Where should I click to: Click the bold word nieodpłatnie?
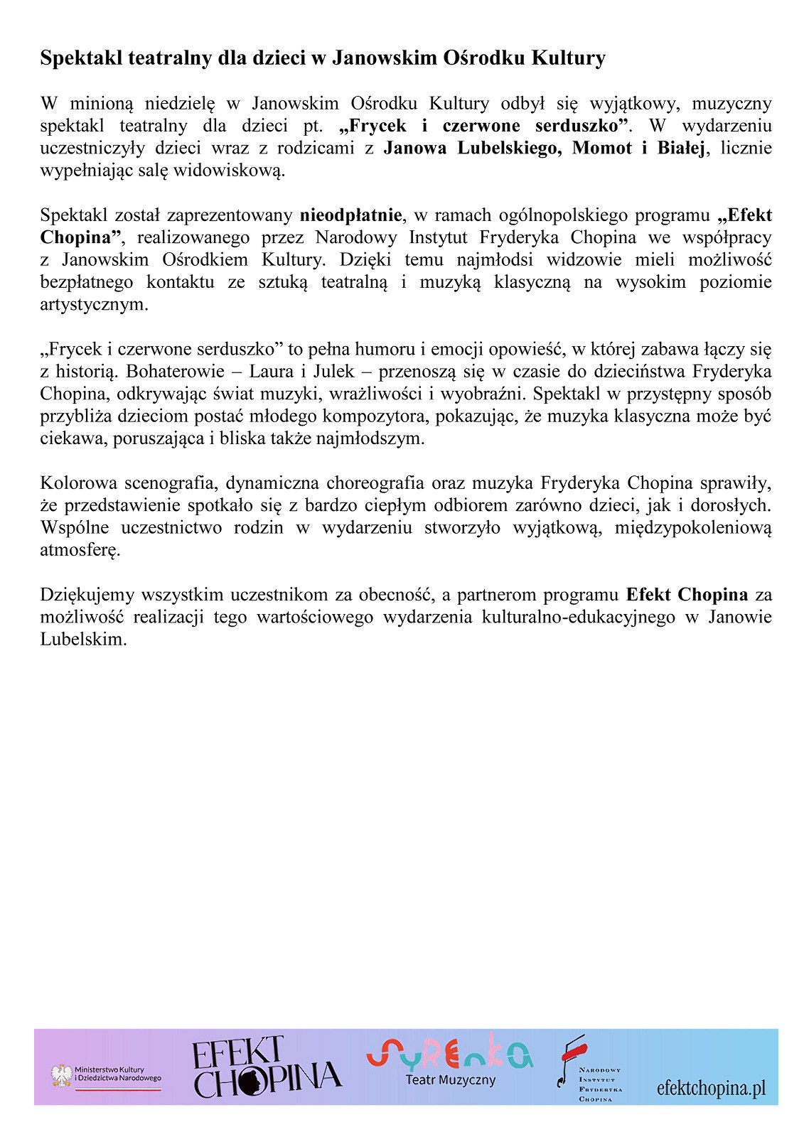point(351,215)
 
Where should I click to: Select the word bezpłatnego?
point(87,282)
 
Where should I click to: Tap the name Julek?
point(333,372)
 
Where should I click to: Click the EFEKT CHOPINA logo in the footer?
point(266,1068)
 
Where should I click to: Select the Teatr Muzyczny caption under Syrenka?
point(450,1080)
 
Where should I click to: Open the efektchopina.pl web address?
point(711,1088)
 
